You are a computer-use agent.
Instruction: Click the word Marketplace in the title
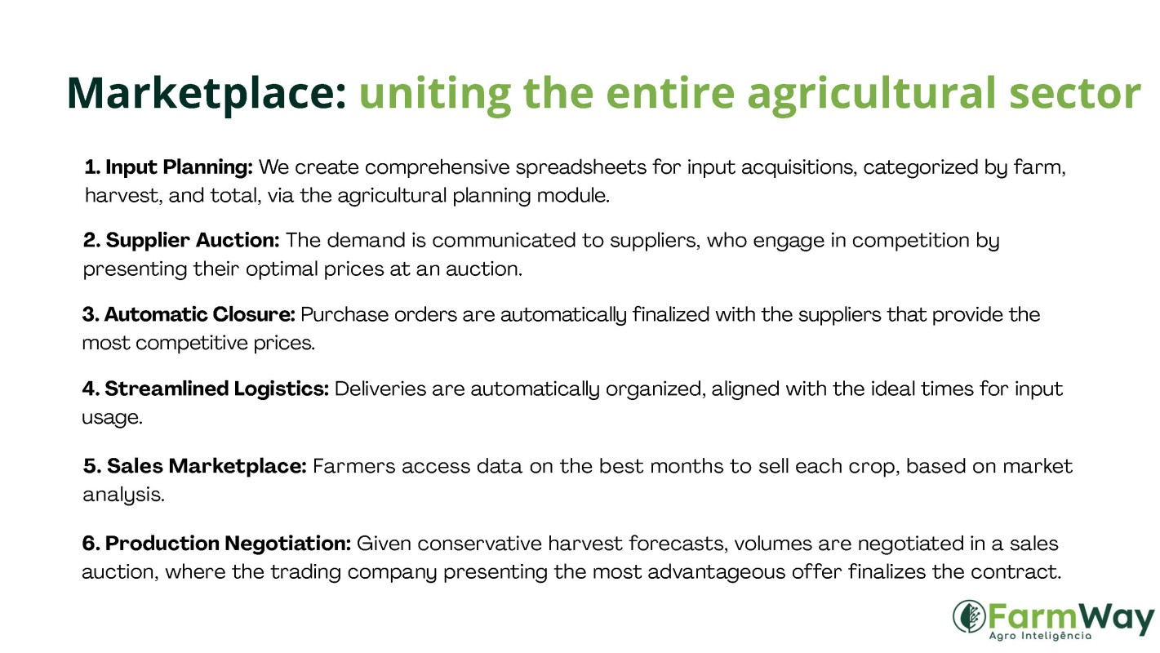tap(207, 94)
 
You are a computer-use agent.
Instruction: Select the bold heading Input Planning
tap(179, 168)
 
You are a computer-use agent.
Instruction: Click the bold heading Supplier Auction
tap(193, 241)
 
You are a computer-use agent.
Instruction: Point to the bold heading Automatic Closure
tap(199, 314)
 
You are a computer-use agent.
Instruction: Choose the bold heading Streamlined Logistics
tap(216, 389)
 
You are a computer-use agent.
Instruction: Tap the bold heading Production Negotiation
tap(228, 544)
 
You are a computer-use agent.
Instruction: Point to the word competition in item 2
tap(911, 241)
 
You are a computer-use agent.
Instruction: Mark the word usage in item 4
tap(112, 418)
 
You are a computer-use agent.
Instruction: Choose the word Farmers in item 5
tap(354, 466)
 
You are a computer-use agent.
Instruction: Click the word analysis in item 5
tap(124, 495)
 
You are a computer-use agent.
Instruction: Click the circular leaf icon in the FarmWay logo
tap(969, 616)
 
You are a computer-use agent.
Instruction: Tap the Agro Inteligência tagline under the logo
tap(1040, 636)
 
